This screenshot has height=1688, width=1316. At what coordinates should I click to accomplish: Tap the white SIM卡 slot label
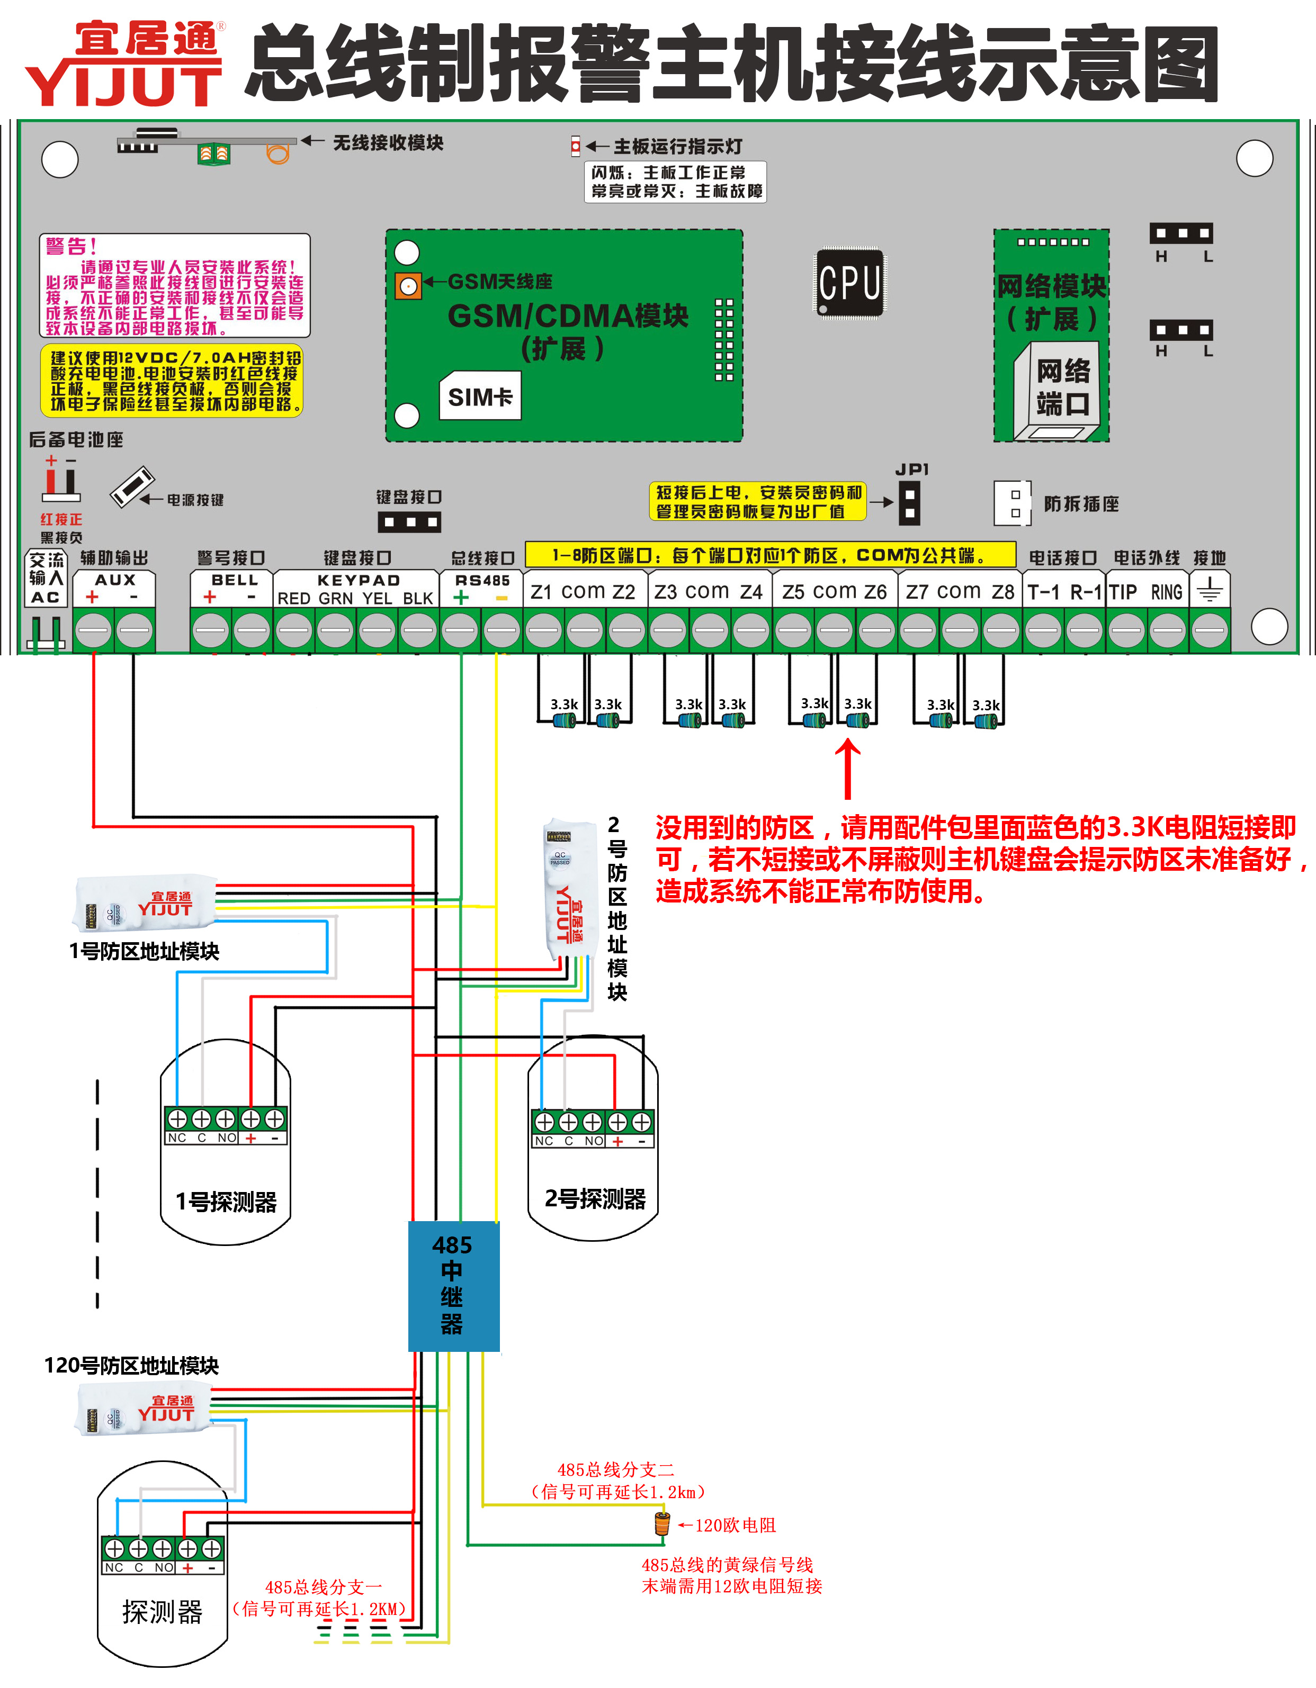point(480,396)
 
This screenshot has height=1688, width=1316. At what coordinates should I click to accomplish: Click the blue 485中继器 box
point(453,1287)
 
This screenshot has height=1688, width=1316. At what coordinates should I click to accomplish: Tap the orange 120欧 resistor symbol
point(662,1524)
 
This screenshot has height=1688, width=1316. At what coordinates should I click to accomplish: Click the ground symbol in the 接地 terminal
point(1210,591)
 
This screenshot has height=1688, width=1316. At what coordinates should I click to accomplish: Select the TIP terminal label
point(1123,592)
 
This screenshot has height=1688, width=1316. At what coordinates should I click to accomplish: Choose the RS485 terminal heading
point(482,580)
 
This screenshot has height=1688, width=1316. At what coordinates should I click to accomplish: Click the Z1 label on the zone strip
point(541,592)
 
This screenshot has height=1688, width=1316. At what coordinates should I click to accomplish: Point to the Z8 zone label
point(1003,592)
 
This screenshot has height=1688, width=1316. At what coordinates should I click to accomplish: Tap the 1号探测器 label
point(226,1202)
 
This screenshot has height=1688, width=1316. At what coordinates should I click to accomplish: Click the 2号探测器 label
point(595,1199)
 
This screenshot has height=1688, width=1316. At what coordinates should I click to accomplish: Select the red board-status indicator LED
point(575,146)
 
